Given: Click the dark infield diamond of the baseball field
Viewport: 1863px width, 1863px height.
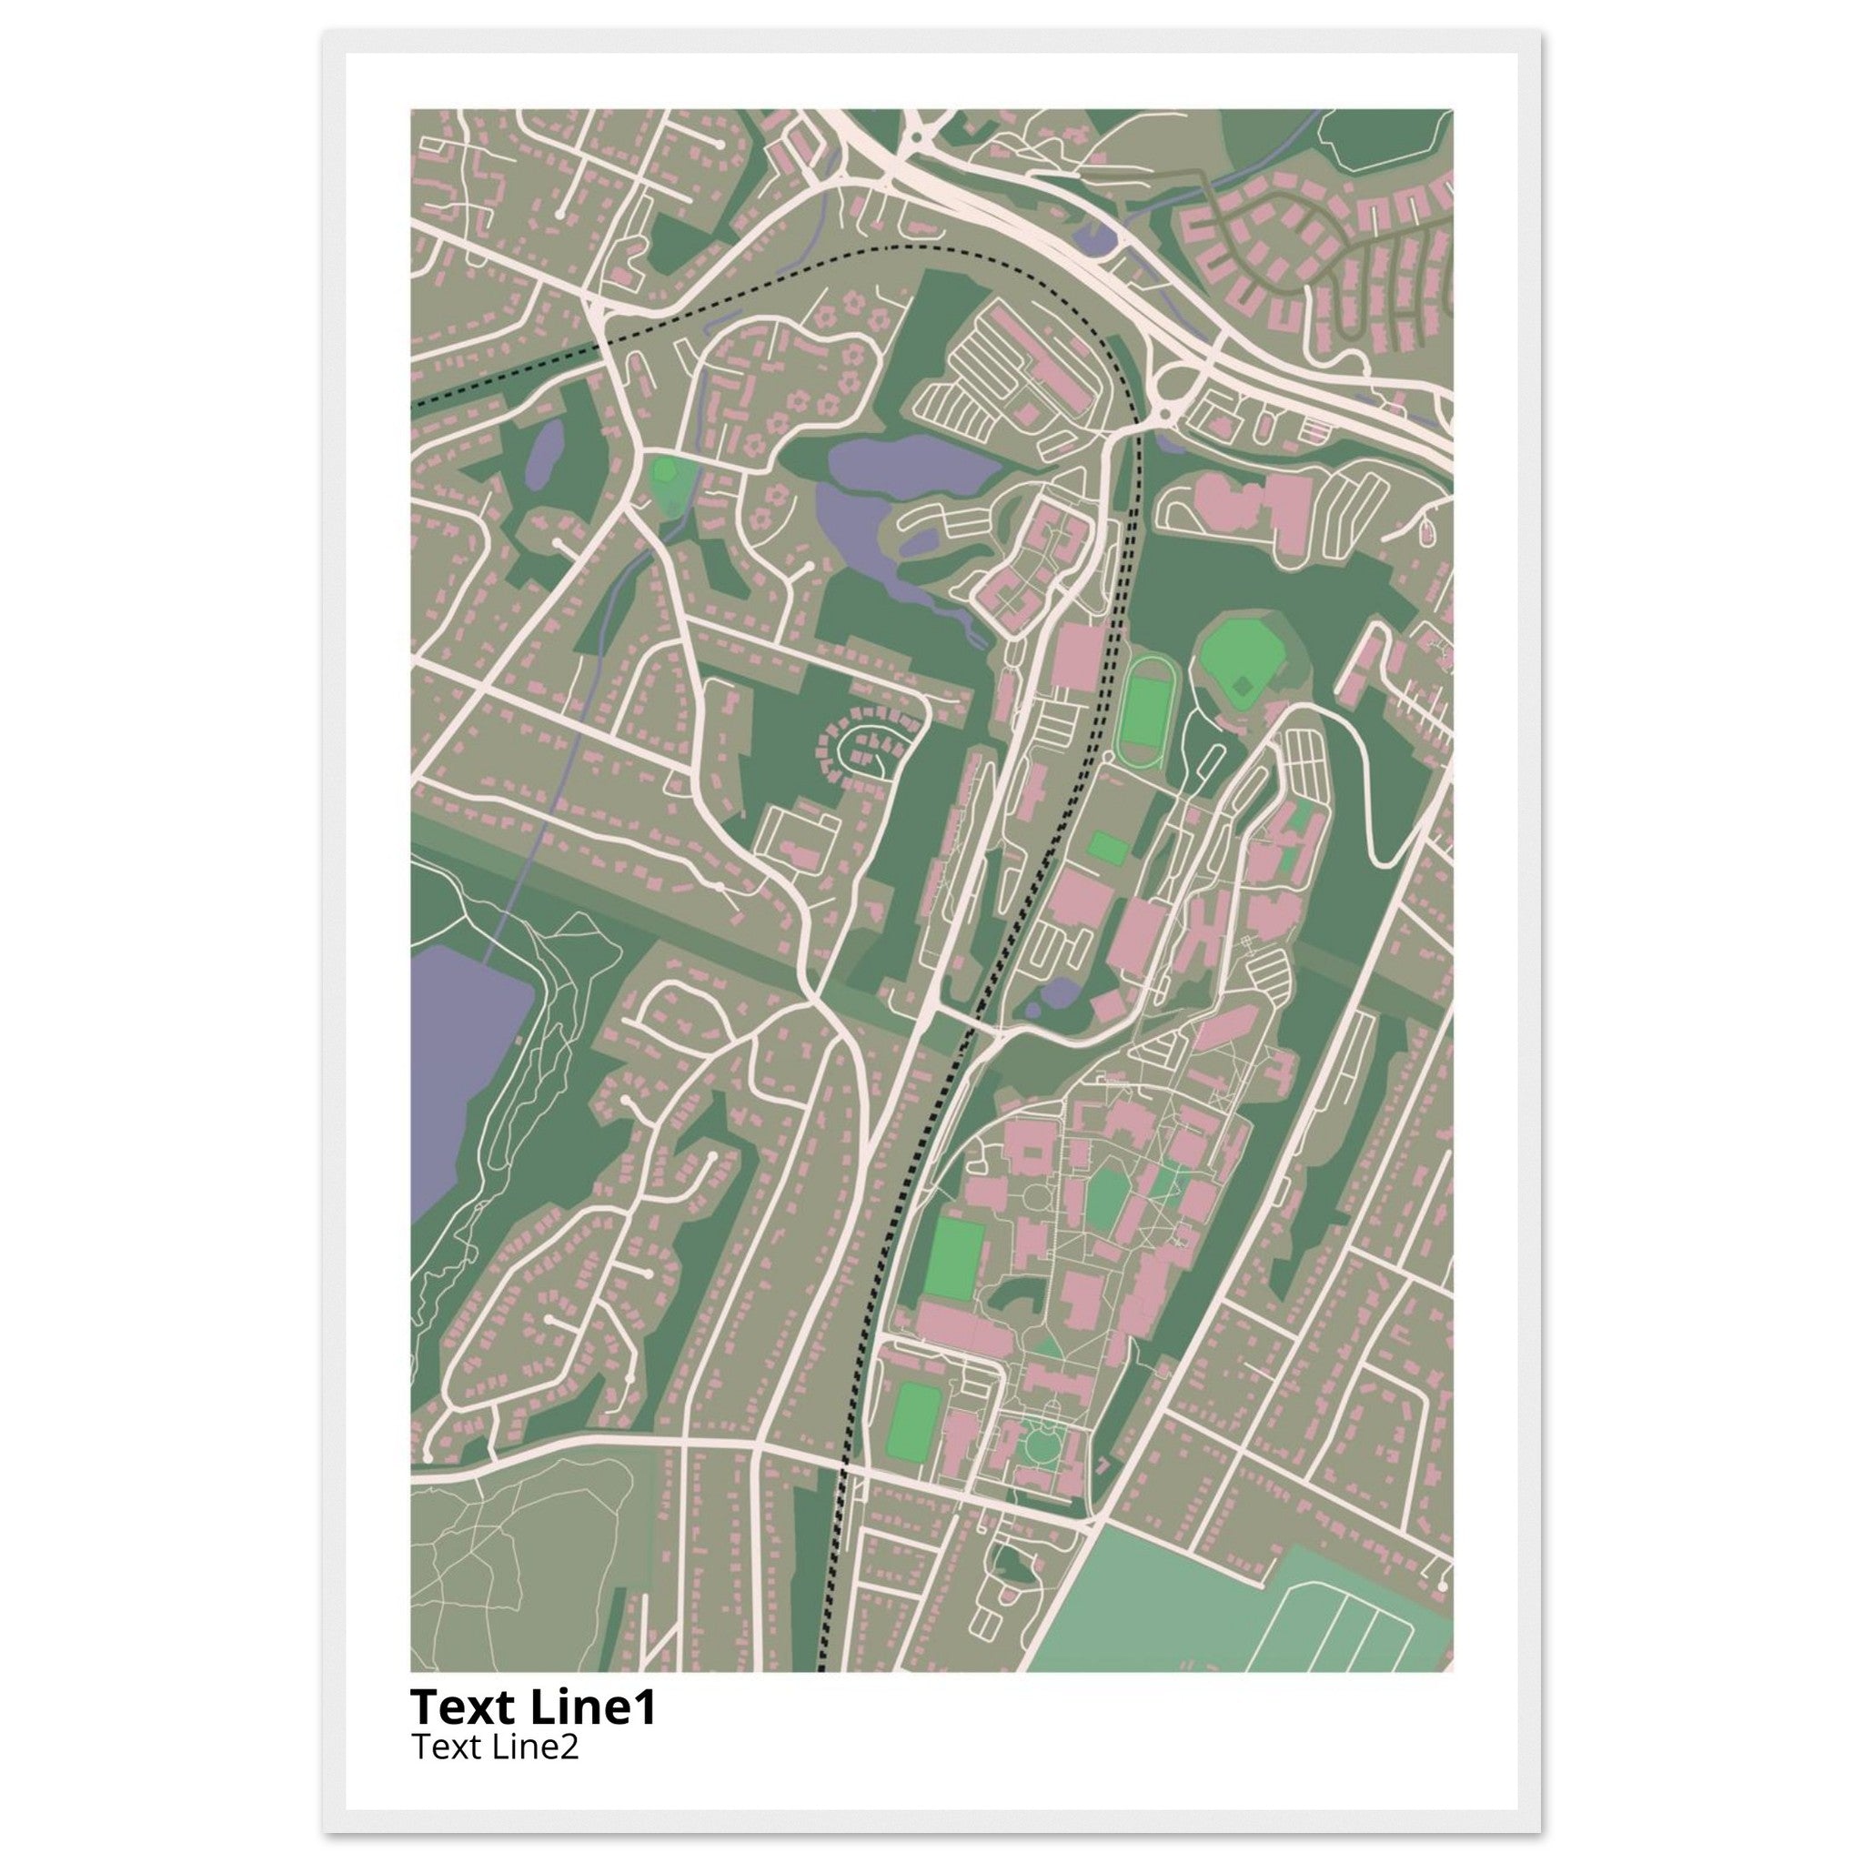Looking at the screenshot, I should tap(1244, 686).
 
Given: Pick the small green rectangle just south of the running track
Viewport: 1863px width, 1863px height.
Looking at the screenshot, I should tap(1108, 849).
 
